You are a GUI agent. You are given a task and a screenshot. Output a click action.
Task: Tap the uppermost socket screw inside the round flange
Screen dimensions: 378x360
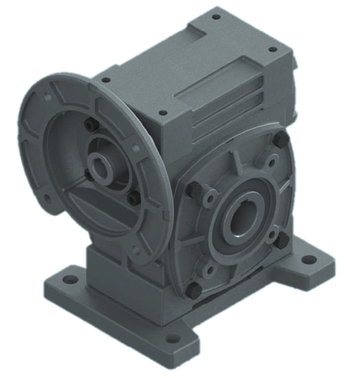tap(91, 125)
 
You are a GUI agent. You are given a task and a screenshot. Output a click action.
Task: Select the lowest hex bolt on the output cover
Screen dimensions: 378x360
tap(194, 290)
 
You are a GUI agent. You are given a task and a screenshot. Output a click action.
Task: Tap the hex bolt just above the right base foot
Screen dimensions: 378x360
tap(282, 240)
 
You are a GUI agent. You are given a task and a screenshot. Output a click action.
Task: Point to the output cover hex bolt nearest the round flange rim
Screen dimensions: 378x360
tap(193, 190)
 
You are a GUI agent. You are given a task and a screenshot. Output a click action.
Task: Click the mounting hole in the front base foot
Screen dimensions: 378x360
tap(172, 338)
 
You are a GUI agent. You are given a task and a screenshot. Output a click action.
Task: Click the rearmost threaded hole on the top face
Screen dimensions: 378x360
tap(216, 17)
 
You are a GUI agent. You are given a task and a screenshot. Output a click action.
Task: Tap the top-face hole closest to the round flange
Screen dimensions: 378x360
tap(106, 80)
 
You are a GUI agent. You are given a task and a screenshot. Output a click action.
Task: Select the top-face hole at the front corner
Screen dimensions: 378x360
tap(163, 113)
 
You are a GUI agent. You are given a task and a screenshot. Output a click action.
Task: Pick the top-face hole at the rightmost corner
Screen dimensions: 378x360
tap(273, 49)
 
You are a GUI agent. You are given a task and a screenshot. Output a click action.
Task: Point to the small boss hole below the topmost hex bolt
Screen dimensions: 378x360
tap(273, 161)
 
